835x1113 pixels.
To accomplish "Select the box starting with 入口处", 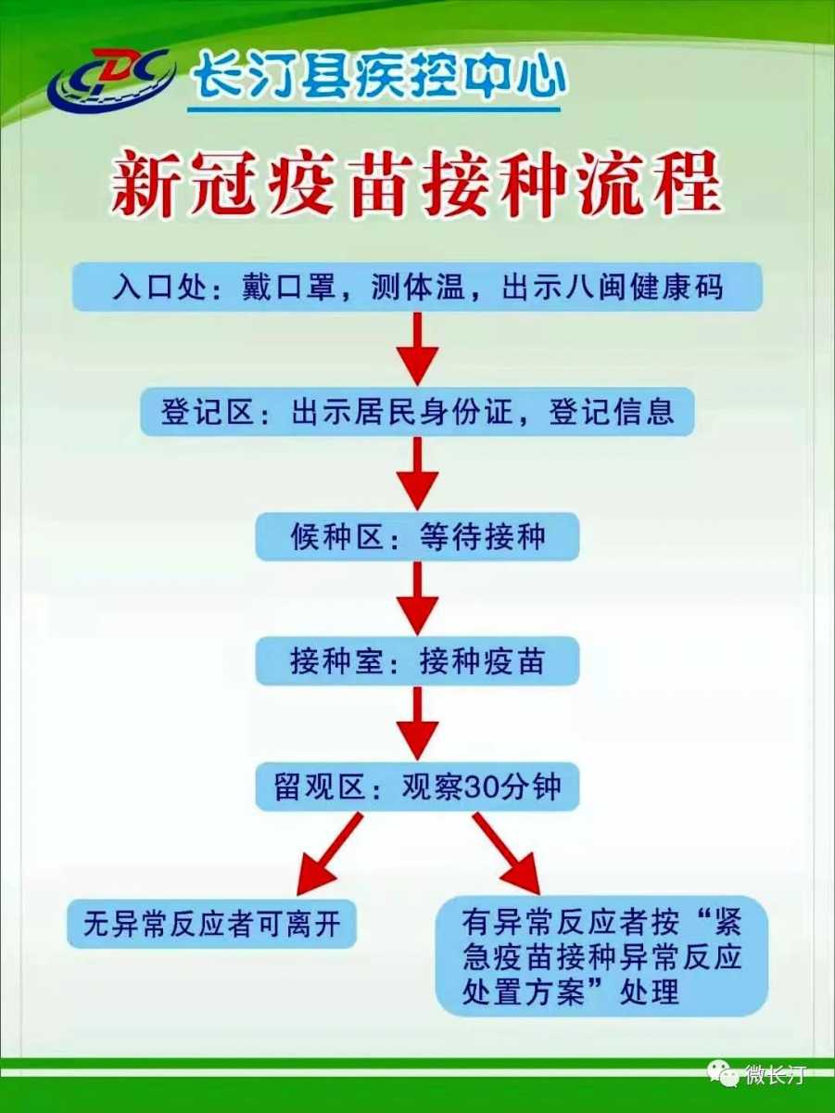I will tap(417, 287).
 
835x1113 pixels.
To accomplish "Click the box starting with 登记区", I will tap(417, 411).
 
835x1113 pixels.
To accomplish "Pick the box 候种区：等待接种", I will tap(417, 537).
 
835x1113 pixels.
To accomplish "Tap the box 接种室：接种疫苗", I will tap(417, 662).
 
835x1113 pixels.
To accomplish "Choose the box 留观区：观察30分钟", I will tap(417, 787).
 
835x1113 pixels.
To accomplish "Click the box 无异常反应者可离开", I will tap(211, 924).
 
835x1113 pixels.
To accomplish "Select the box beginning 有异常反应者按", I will tap(601, 955).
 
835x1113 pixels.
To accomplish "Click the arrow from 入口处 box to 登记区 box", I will tap(417, 348).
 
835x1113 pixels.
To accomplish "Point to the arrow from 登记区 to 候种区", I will tap(417, 473).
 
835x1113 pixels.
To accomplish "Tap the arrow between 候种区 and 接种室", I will tap(417, 598).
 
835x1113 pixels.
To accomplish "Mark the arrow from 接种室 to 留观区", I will tap(417, 723).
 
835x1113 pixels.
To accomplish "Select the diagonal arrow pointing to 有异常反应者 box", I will tap(506, 851).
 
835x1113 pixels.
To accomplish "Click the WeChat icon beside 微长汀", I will tap(724, 1074).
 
